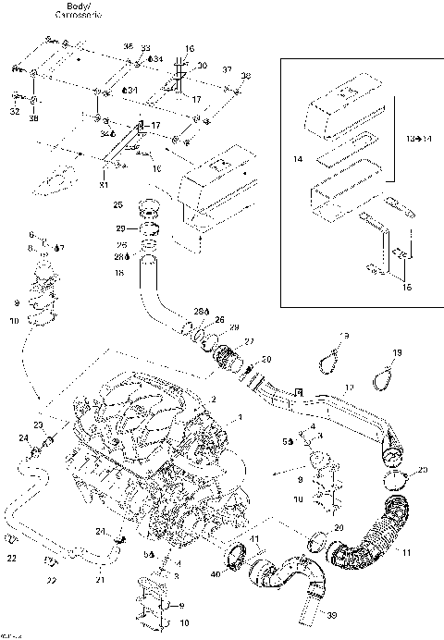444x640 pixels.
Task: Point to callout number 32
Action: coord(14,111)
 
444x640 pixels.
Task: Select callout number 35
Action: coord(128,46)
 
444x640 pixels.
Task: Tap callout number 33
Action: coord(145,47)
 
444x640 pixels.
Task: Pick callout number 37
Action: coord(226,70)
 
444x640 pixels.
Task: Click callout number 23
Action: coord(38,424)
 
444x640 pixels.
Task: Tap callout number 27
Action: coord(247,341)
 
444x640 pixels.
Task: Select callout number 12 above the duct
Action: coord(350,388)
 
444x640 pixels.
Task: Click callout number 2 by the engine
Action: coord(213,399)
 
